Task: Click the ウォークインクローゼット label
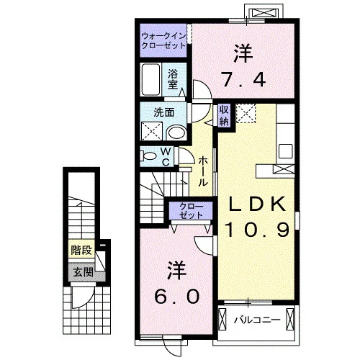pyautogui.click(x=163, y=41)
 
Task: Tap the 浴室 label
pyautogui.click(x=173, y=79)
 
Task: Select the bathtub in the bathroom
pyautogui.click(x=150, y=79)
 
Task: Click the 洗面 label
pyautogui.click(x=164, y=112)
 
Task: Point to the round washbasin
pyautogui.click(x=176, y=132)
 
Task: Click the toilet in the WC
pyautogui.click(x=148, y=156)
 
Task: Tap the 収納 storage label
pyautogui.click(x=224, y=116)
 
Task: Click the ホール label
pyautogui.click(x=202, y=171)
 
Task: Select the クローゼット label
pyautogui.click(x=191, y=210)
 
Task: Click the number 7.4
pyautogui.click(x=243, y=80)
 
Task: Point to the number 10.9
pyautogui.click(x=257, y=230)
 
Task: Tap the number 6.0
pyautogui.click(x=177, y=296)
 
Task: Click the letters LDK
pyautogui.click(x=257, y=204)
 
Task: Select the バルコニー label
pyautogui.click(x=257, y=320)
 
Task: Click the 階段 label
pyautogui.click(x=81, y=251)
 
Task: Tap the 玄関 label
pyautogui.click(x=83, y=272)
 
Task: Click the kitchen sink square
pyautogui.click(x=286, y=151)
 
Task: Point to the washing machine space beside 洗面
pyautogui.click(x=152, y=131)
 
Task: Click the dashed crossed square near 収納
pyautogui.click(x=246, y=113)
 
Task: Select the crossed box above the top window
pyautogui.click(x=264, y=13)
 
